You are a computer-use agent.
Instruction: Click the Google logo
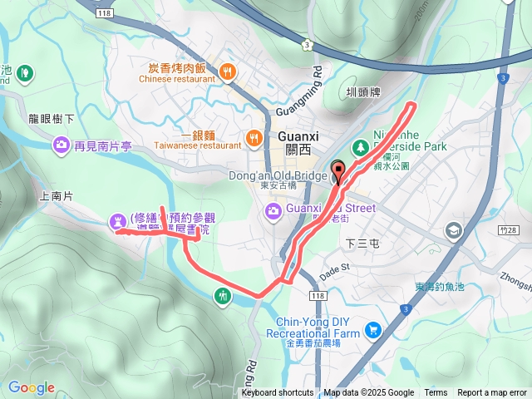click(x=32, y=387)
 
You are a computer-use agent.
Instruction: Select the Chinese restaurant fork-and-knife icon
click(x=228, y=72)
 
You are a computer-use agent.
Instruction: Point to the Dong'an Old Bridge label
click(x=278, y=175)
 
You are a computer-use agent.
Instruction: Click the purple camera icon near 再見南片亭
click(x=61, y=147)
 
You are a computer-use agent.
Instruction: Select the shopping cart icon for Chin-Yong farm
click(x=372, y=331)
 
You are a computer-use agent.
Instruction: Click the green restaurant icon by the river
click(x=222, y=295)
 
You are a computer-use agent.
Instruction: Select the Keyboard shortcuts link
click(x=278, y=393)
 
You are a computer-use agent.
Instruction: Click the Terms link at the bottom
click(x=436, y=393)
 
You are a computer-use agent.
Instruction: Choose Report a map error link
click(x=492, y=393)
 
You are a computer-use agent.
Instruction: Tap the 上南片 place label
click(x=56, y=196)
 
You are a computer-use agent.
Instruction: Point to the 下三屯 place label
click(x=362, y=244)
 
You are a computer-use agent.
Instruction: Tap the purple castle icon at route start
click(x=116, y=220)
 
